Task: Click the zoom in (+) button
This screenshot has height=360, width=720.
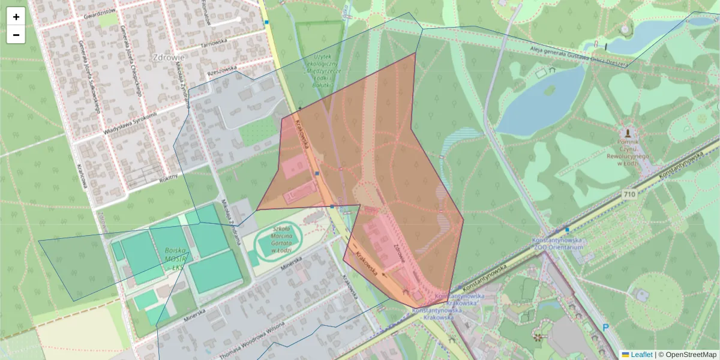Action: click(x=16, y=17)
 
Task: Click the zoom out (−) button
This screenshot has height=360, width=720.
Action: click(x=16, y=35)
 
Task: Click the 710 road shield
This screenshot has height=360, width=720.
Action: click(x=629, y=194)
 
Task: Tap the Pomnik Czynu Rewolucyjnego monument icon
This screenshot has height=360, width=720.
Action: click(x=628, y=131)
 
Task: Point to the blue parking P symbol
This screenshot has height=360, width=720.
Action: click(x=605, y=328)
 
